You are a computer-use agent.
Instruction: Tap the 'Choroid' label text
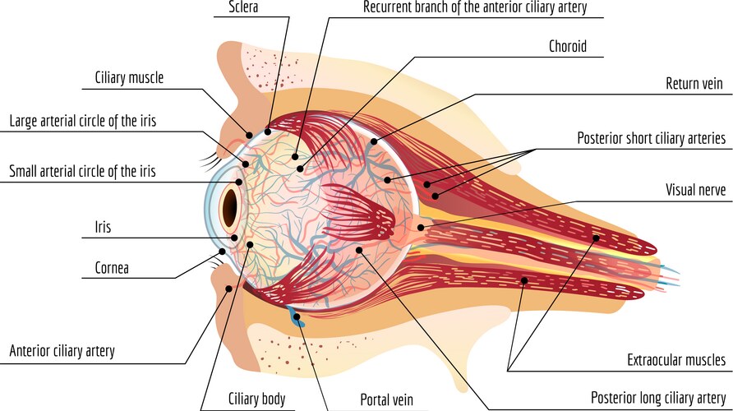[x=567, y=46]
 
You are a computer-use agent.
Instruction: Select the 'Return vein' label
[x=695, y=84]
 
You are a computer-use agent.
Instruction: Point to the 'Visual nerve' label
[x=695, y=190]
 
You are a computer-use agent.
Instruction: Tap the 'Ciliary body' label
[x=256, y=399]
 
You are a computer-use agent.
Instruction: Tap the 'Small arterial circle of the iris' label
[x=82, y=172]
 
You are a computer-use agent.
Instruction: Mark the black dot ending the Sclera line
[x=268, y=130]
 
